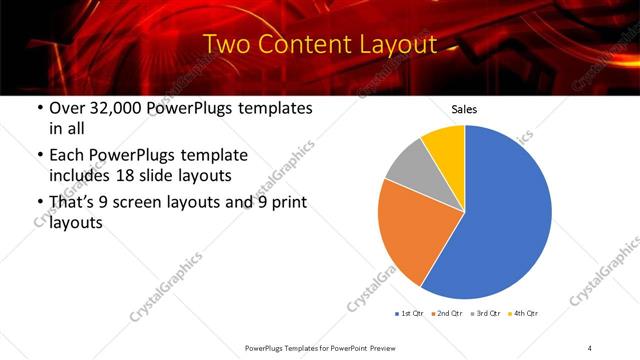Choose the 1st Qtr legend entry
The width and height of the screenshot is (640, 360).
(x=410, y=314)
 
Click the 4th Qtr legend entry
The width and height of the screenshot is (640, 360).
(x=524, y=314)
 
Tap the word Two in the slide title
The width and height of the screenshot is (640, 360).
(x=226, y=45)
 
